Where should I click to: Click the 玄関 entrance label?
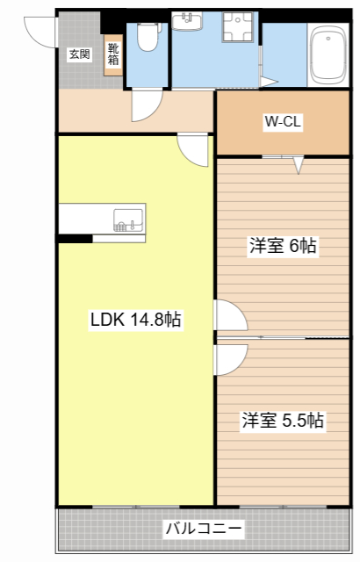tap(79, 54)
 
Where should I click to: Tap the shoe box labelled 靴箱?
tap(113, 55)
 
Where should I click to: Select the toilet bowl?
tap(147, 37)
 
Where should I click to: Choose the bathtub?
tap(329, 56)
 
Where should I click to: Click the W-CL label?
tap(283, 123)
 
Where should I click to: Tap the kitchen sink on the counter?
tap(128, 221)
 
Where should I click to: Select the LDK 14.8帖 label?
tap(136, 321)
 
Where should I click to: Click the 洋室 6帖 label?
tap(282, 247)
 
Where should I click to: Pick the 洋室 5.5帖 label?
tap(283, 421)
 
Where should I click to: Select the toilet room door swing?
tap(143, 106)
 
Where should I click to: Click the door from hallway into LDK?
tap(192, 148)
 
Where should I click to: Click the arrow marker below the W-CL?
tap(299, 163)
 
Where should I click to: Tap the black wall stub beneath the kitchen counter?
tap(75, 237)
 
